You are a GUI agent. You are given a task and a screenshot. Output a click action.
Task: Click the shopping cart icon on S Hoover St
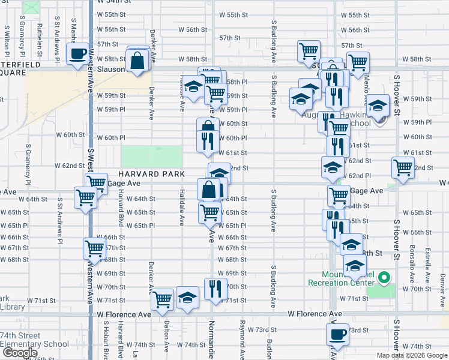click(403, 167)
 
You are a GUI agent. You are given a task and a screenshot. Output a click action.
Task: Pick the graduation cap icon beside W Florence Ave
click(187, 298)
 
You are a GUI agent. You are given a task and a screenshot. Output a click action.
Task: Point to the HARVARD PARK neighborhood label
click(135, 173)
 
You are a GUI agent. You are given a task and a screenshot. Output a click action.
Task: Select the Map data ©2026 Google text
click(412, 355)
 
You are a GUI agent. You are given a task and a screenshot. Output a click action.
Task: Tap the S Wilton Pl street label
click(6, 37)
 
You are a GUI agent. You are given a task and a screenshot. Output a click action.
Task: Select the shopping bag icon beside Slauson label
click(137, 61)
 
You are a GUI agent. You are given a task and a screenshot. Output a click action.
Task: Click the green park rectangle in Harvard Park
click(152, 157)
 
